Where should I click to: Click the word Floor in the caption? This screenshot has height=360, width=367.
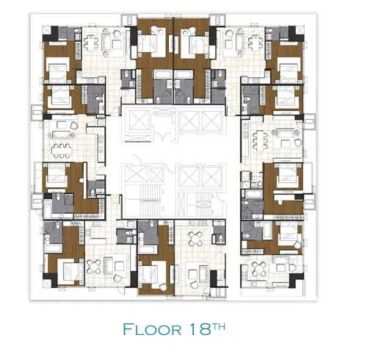point(152,329)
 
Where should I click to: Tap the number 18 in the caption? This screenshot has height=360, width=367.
point(200,329)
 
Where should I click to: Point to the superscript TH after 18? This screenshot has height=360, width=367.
point(219,326)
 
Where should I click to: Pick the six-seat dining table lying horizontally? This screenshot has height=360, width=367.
point(62,150)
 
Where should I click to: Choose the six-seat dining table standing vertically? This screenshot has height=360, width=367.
point(258,140)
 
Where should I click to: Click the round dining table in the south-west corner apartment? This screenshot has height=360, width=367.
point(94,266)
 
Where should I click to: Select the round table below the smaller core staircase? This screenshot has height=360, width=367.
point(195,239)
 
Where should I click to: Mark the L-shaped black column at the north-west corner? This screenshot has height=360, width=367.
point(51,34)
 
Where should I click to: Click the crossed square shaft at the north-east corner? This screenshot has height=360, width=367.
point(300,29)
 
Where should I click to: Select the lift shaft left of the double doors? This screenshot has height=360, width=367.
point(139,120)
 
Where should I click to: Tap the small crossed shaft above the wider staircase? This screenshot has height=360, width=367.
point(156,175)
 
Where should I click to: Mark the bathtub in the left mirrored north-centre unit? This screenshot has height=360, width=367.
point(163,74)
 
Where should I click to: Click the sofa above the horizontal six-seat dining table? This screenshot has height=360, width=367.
point(62,134)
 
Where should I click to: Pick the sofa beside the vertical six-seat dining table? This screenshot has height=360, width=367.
point(286,134)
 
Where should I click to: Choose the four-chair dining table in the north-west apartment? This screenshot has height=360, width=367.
point(91,43)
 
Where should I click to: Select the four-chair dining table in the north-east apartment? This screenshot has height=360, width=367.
point(255,43)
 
